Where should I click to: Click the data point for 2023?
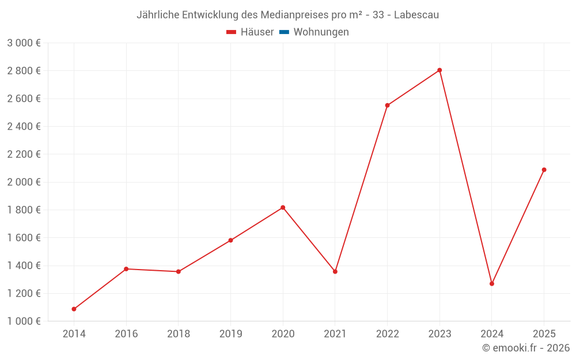(x=439, y=70)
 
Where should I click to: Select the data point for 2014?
(x=74, y=309)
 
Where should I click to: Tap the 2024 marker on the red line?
(x=492, y=283)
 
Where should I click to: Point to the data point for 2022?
(x=387, y=105)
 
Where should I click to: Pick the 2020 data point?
(x=283, y=207)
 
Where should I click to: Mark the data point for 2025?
(x=544, y=170)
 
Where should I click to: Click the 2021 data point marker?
(x=335, y=271)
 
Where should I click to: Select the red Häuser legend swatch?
(x=232, y=32)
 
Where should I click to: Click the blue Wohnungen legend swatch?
(x=284, y=32)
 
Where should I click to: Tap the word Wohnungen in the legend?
(x=321, y=32)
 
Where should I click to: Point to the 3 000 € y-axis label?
(x=24, y=43)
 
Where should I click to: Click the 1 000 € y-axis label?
(x=24, y=321)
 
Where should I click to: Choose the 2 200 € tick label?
(x=24, y=154)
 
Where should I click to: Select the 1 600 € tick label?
(x=24, y=238)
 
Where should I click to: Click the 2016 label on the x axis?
(x=126, y=334)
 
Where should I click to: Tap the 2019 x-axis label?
(x=230, y=334)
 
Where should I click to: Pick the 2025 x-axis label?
(x=544, y=334)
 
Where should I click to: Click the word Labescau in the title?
(x=416, y=15)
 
